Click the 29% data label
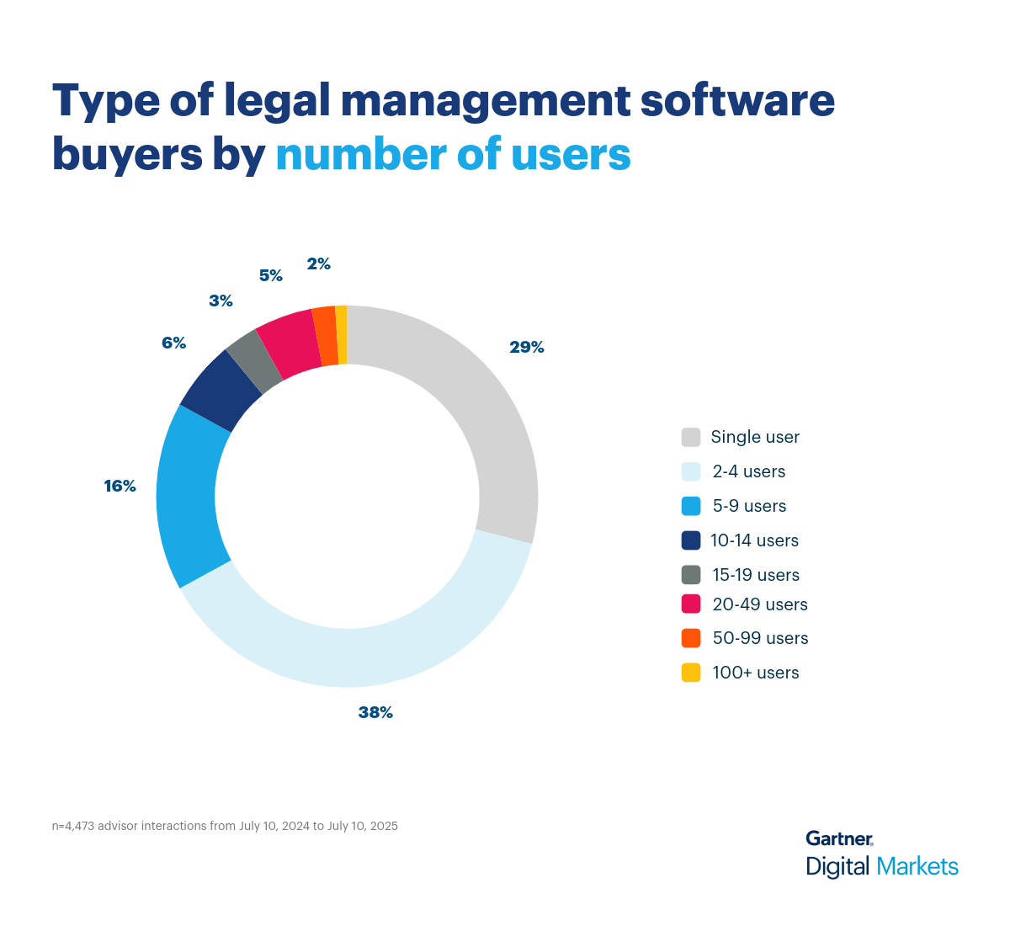click(526, 347)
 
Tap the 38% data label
click(375, 712)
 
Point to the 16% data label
click(120, 486)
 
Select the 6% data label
click(173, 343)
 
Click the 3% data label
click(221, 301)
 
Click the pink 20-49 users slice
click(286, 345)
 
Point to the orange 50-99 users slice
click(326, 336)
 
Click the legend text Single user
click(755, 437)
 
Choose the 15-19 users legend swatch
click(691, 575)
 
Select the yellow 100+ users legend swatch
click(691, 673)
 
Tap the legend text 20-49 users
click(760, 604)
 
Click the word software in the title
click(737, 101)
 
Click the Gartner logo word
click(839, 838)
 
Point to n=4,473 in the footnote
click(73, 826)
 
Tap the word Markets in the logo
click(917, 866)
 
